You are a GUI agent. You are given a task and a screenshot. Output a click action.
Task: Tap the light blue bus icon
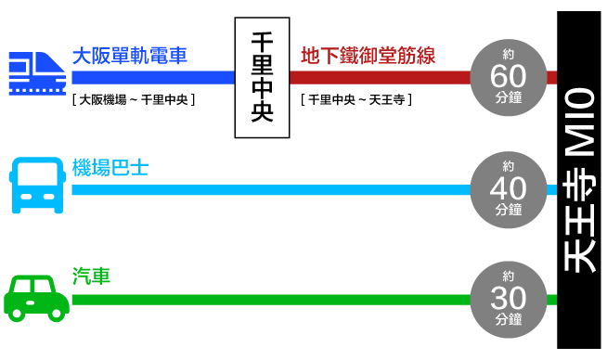coord(38,186)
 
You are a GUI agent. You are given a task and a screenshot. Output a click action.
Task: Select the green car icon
coord(36,297)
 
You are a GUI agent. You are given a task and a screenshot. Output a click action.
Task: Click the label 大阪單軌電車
coord(129,56)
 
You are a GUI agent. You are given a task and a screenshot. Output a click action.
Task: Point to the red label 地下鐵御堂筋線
coord(368,56)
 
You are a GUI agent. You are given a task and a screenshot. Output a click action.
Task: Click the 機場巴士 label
coord(110,168)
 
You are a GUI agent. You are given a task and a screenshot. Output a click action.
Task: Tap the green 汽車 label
coord(91,276)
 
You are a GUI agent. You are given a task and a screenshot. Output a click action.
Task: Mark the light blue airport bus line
coord(269,189)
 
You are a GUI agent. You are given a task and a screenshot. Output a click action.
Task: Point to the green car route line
coord(269,300)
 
